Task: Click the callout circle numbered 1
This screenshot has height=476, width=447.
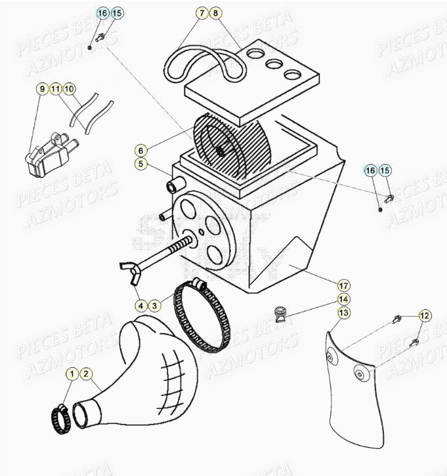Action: click(x=72, y=374)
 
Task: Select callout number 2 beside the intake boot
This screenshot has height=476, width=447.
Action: click(x=86, y=374)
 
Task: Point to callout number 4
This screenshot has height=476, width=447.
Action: click(x=140, y=305)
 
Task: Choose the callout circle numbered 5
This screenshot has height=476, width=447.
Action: click(x=141, y=164)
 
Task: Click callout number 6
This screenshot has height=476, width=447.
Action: click(x=141, y=150)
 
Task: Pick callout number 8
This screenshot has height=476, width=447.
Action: click(x=215, y=12)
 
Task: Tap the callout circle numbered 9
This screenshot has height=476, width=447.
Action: click(x=41, y=89)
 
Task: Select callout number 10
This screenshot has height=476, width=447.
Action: click(x=70, y=89)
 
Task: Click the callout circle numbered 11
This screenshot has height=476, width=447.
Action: click(x=56, y=89)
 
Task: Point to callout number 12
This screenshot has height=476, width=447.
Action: click(x=424, y=316)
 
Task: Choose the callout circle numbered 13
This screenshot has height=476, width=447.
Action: click(x=343, y=313)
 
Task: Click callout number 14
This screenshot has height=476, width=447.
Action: click(x=343, y=299)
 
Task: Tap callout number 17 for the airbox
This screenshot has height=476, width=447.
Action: click(x=343, y=285)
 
